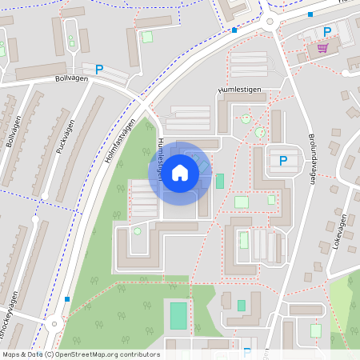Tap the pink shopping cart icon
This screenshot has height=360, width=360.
coord(322,48)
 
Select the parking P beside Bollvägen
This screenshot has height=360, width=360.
coord(99,70)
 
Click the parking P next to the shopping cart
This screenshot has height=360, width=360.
coord(326,32)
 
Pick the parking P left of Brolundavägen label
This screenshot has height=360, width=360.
coord(283,161)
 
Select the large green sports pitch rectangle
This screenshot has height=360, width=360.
coord(178,315)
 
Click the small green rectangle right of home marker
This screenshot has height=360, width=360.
coord(219,181)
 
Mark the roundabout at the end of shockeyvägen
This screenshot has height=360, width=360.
coord(53,323)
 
